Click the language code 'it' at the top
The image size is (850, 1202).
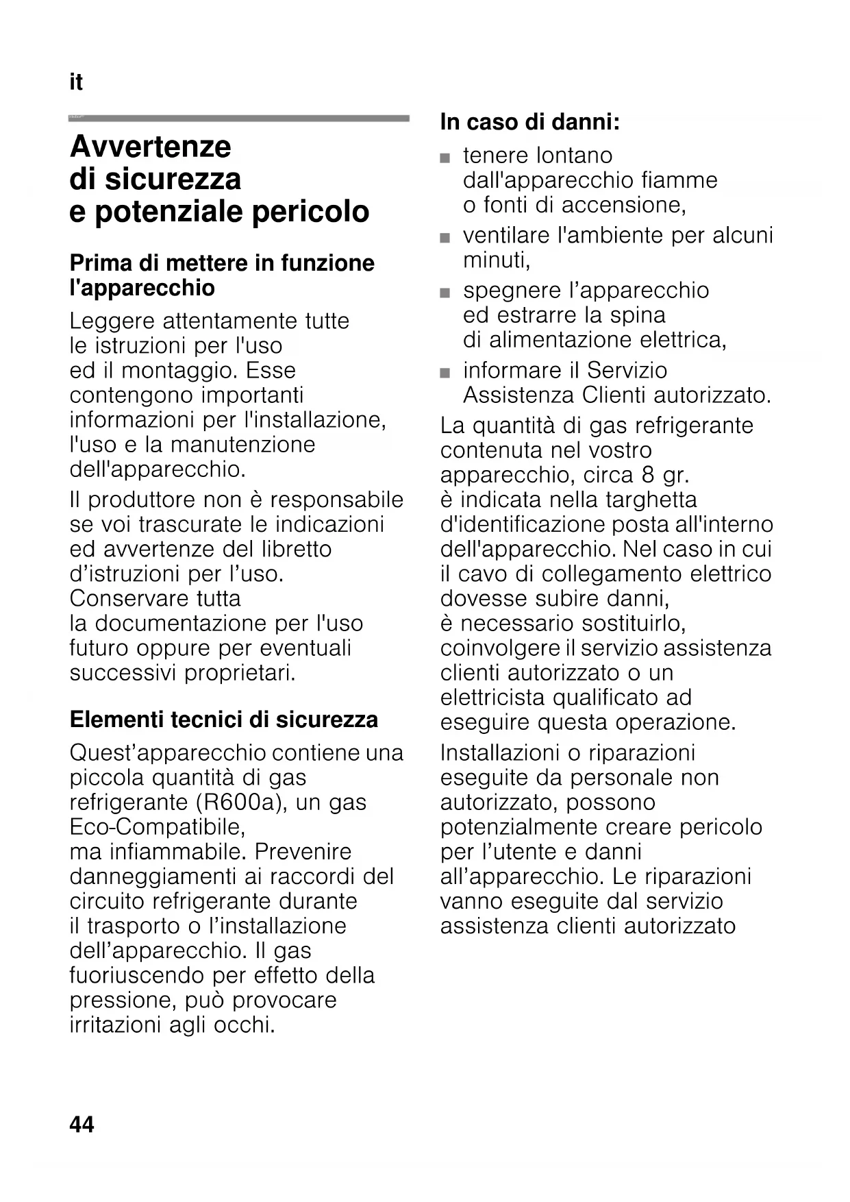[75, 83]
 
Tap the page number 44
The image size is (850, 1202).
[82, 1125]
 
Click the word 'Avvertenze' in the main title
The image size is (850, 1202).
[151, 147]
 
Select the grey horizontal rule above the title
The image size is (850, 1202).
[238, 119]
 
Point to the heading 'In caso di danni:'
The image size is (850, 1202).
[529, 123]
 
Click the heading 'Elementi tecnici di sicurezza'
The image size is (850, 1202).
[223, 720]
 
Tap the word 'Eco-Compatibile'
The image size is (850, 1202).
[157, 827]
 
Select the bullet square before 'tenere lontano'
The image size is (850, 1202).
[446, 158]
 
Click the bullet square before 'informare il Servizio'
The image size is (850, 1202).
[446, 373]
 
